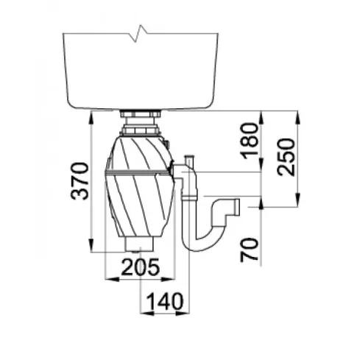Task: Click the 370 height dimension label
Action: (80, 181)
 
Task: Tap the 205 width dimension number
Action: (140, 267)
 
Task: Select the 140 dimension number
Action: (165, 301)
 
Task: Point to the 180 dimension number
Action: (250, 141)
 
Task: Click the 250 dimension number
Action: (286, 157)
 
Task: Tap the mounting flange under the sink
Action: (140, 114)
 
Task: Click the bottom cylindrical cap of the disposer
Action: (140, 244)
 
